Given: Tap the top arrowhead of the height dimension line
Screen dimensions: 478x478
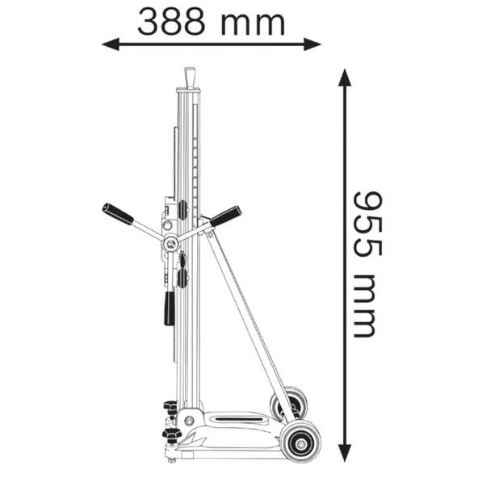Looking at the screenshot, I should [345, 78].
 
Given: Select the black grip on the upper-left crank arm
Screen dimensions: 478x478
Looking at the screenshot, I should [118, 213].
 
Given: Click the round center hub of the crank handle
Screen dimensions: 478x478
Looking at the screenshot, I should [171, 242].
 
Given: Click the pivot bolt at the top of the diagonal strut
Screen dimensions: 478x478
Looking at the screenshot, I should [208, 233].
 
